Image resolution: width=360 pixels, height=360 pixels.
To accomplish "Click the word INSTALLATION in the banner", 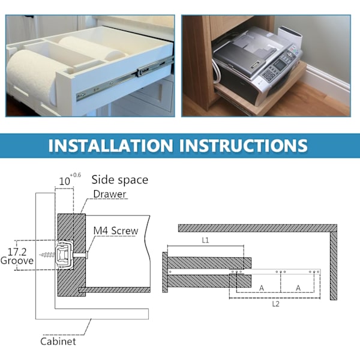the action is [110, 145].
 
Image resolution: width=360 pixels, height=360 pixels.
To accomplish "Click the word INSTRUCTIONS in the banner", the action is [243, 145].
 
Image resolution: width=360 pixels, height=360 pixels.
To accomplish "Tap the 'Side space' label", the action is [119, 179].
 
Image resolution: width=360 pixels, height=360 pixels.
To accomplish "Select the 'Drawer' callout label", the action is [110, 194].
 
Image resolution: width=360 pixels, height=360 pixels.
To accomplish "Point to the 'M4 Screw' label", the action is [116, 231].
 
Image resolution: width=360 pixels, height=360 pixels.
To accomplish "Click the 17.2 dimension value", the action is [17, 252].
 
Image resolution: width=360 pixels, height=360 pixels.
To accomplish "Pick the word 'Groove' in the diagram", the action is [17, 261].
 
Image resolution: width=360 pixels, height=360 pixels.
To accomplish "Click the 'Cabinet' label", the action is [58, 341].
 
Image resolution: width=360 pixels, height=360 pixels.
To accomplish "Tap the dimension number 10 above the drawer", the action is [64, 181].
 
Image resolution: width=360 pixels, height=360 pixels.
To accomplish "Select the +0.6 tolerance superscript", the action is [76, 175].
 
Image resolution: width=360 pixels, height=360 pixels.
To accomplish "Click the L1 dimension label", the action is [205, 241].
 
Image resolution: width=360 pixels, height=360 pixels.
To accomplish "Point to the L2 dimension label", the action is [276, 304].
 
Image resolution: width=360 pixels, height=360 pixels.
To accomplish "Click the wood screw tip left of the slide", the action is [41, 254].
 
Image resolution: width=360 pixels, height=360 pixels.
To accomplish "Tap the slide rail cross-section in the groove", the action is [65, 254].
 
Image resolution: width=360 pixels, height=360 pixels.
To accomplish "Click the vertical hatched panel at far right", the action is [334, 266].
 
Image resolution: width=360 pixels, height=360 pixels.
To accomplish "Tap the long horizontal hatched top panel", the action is [257, 228].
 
